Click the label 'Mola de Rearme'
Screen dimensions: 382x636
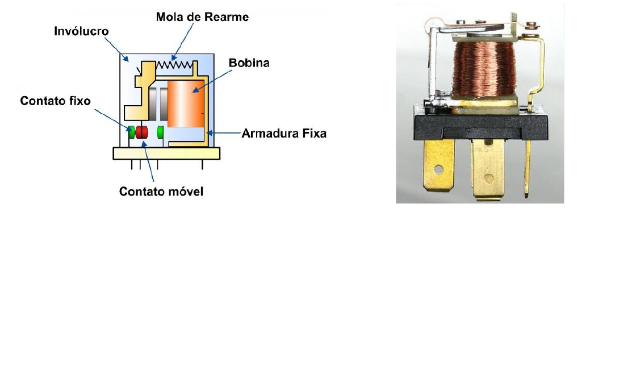pos(202,16)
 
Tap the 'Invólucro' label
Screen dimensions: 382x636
pos(81,31)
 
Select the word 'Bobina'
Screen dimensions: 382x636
pos(249,63)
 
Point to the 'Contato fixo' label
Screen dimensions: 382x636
pos(55,101)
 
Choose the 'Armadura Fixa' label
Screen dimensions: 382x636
pos(284,134)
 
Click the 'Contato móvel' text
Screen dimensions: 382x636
pos(161,192)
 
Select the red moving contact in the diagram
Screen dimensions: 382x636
pos(141,132)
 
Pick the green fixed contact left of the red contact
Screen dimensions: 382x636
pos(131,132)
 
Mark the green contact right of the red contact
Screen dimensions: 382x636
pos(160,132)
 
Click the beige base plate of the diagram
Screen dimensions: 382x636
pos(166,153)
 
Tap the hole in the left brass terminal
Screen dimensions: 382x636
pos(439,169)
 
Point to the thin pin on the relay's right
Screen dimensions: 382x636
pos(529,171)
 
